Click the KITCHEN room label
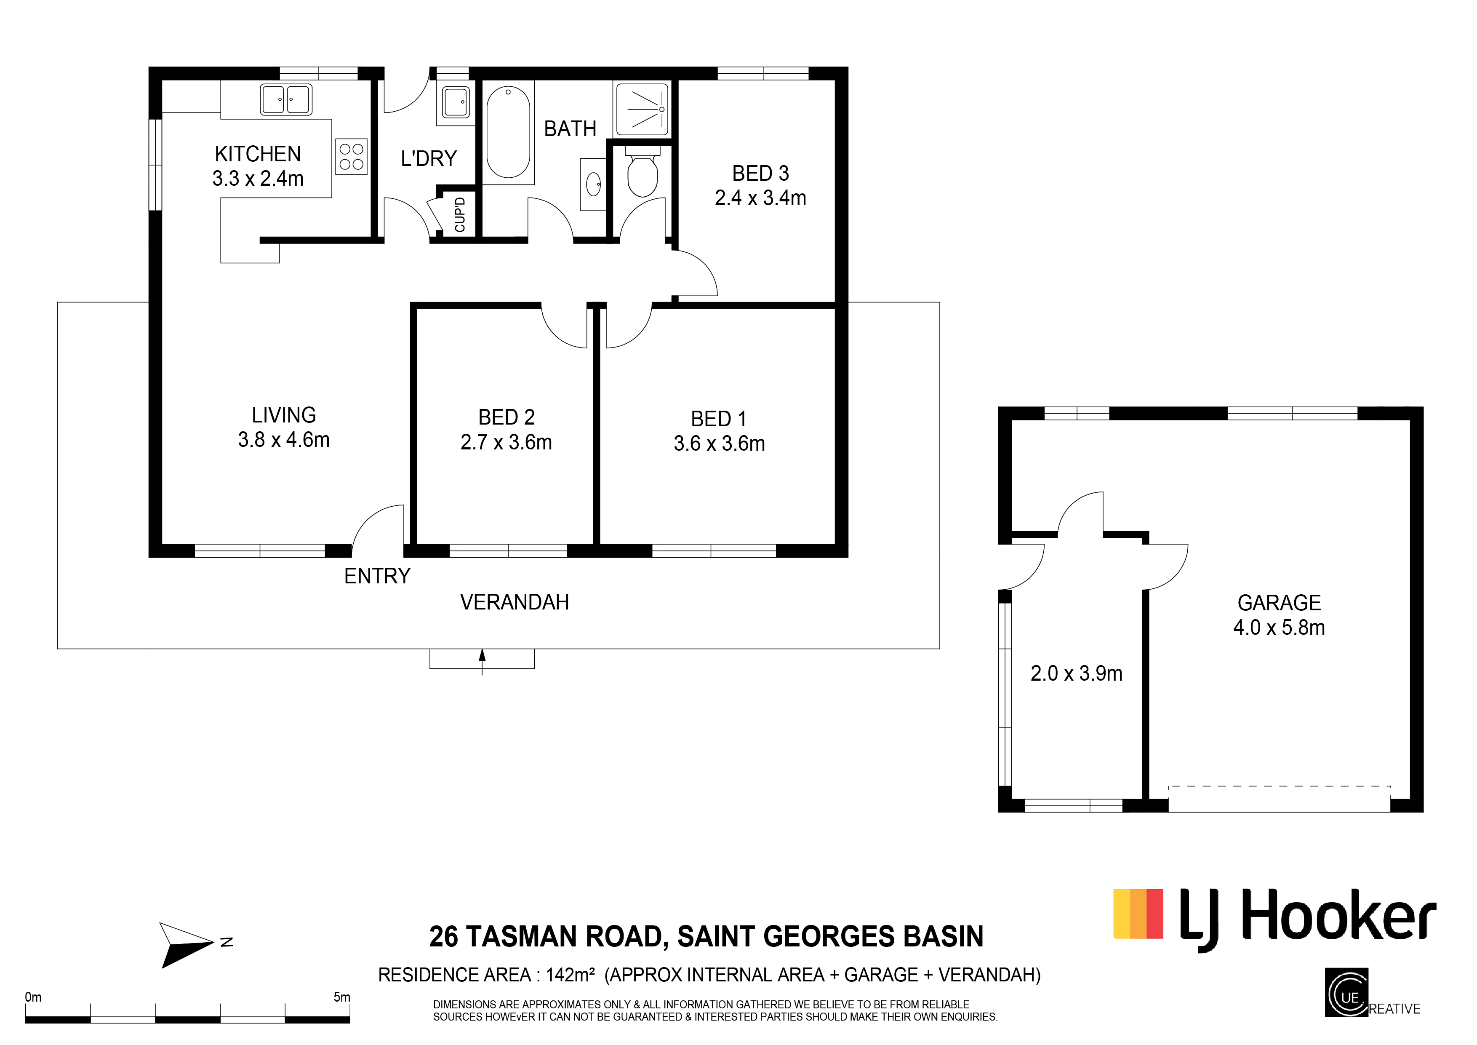point(257,154)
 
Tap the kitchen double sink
point(286,100)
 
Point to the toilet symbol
point(642,174)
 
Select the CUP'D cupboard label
point(460,214)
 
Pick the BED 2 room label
point(506,417)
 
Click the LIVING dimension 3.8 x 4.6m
point(284,439)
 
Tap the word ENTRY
point(377,575)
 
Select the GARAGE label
point(1279,602)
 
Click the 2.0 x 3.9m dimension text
point(1076,673)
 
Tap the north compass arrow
point(187,944)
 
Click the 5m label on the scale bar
point(341,997)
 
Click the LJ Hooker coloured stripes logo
point(1138,914)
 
